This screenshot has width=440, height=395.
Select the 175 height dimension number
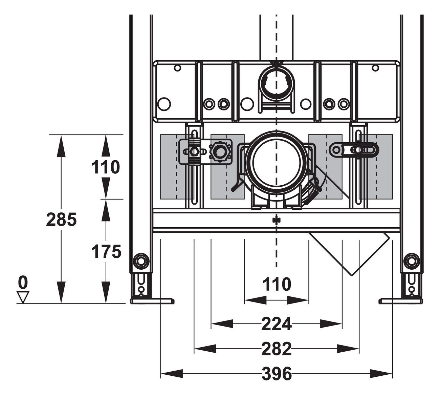106,251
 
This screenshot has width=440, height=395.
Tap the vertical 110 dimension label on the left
106,167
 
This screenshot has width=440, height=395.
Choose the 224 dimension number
276,324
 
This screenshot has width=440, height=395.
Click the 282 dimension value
276,349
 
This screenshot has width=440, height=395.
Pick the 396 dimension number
277,374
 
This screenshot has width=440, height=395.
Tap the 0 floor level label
23,282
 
